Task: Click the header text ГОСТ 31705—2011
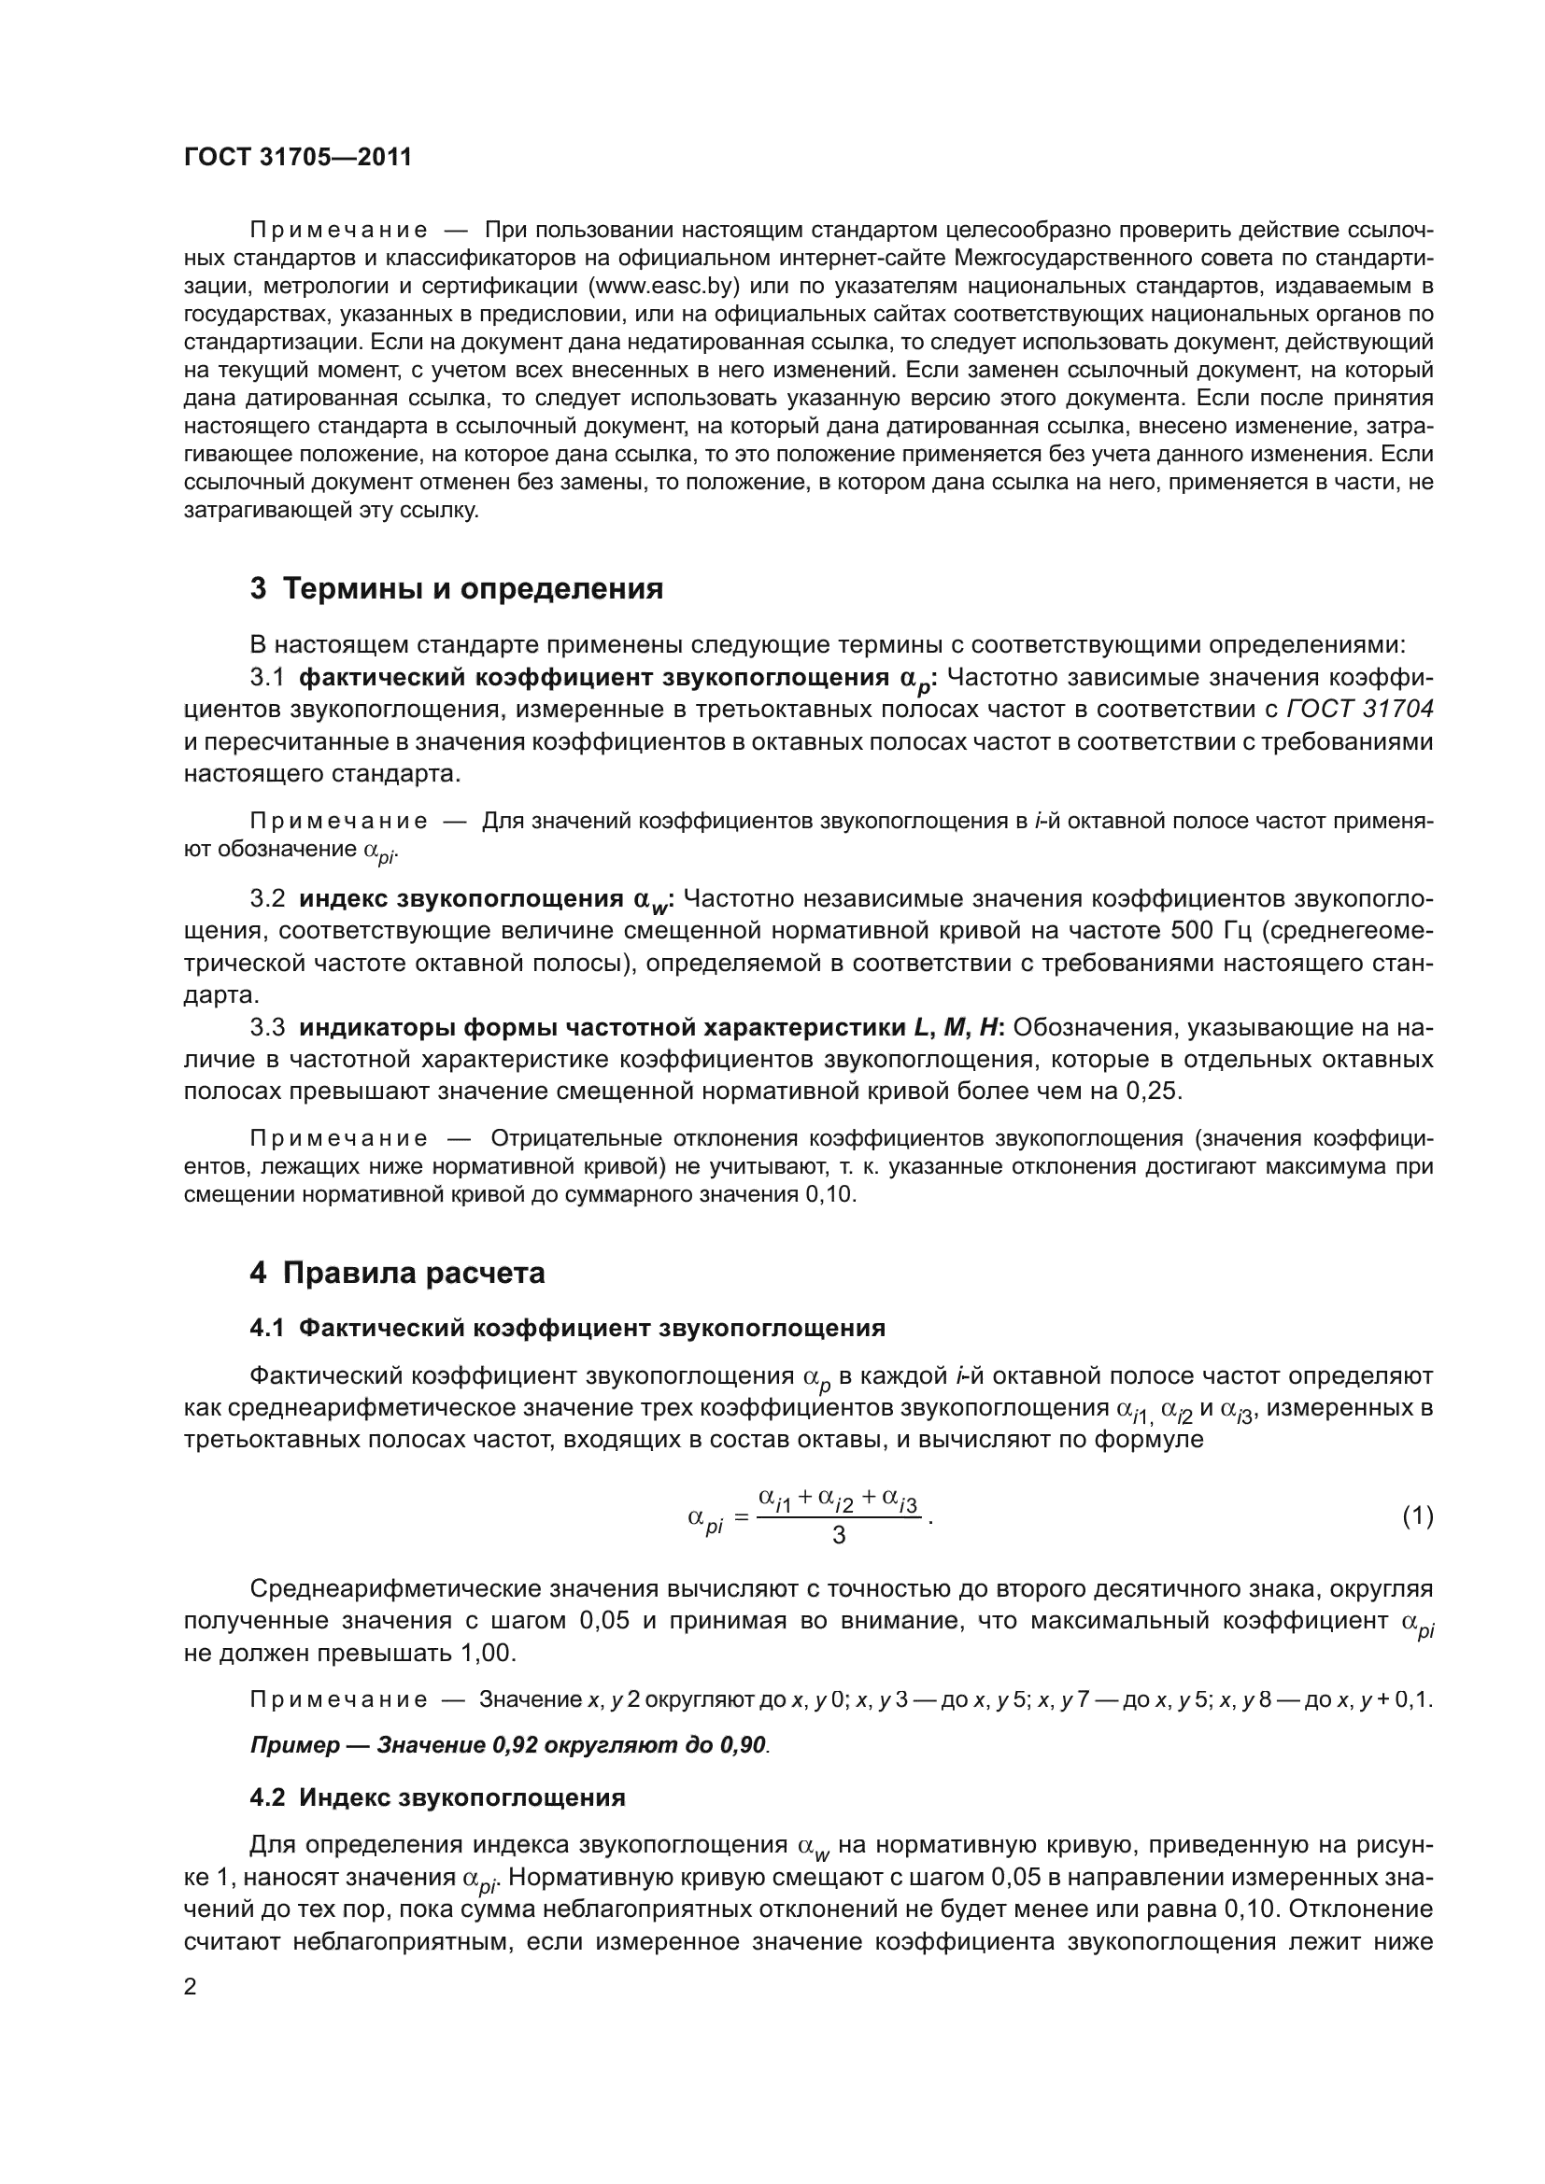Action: click(x=298, y=158)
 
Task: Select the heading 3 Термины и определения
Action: click(x=457, y=589)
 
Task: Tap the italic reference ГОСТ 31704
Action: click(x=1359, y=710)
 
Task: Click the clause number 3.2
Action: click(x=267, y=899)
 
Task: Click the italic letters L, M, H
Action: click(x=958, y=1027)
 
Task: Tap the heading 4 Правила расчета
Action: click(x=398, y=1273)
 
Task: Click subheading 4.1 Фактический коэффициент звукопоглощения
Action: click(x=567, y=1328)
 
